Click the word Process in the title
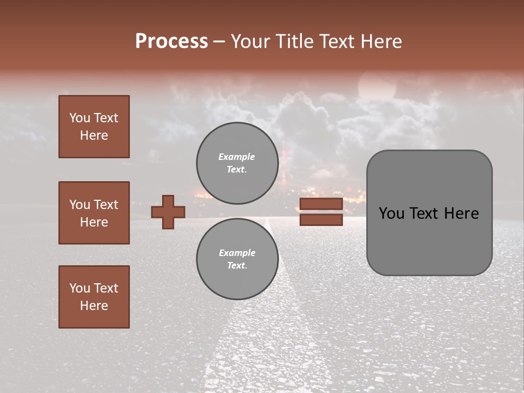(x=171, y=41)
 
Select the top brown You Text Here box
(x=94, y=127)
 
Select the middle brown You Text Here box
(x=94, y=213)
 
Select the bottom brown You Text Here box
(x=94, y=297)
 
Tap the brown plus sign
(x=168, y=212)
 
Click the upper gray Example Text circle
(x=237, y=163)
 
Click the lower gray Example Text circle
(x=237, y=259)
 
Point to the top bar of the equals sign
(x=321, y=204)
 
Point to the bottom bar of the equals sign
(x=321, y=219)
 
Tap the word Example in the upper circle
(x=237, y=157)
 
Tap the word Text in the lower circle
(x=237, y=265)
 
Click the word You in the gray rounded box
(x=391, y=213)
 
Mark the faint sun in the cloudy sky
(x=377, y=87)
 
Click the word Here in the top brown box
(x=94, y=135)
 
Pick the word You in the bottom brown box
(x=80, y=288)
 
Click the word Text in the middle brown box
(x=106, y=205)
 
